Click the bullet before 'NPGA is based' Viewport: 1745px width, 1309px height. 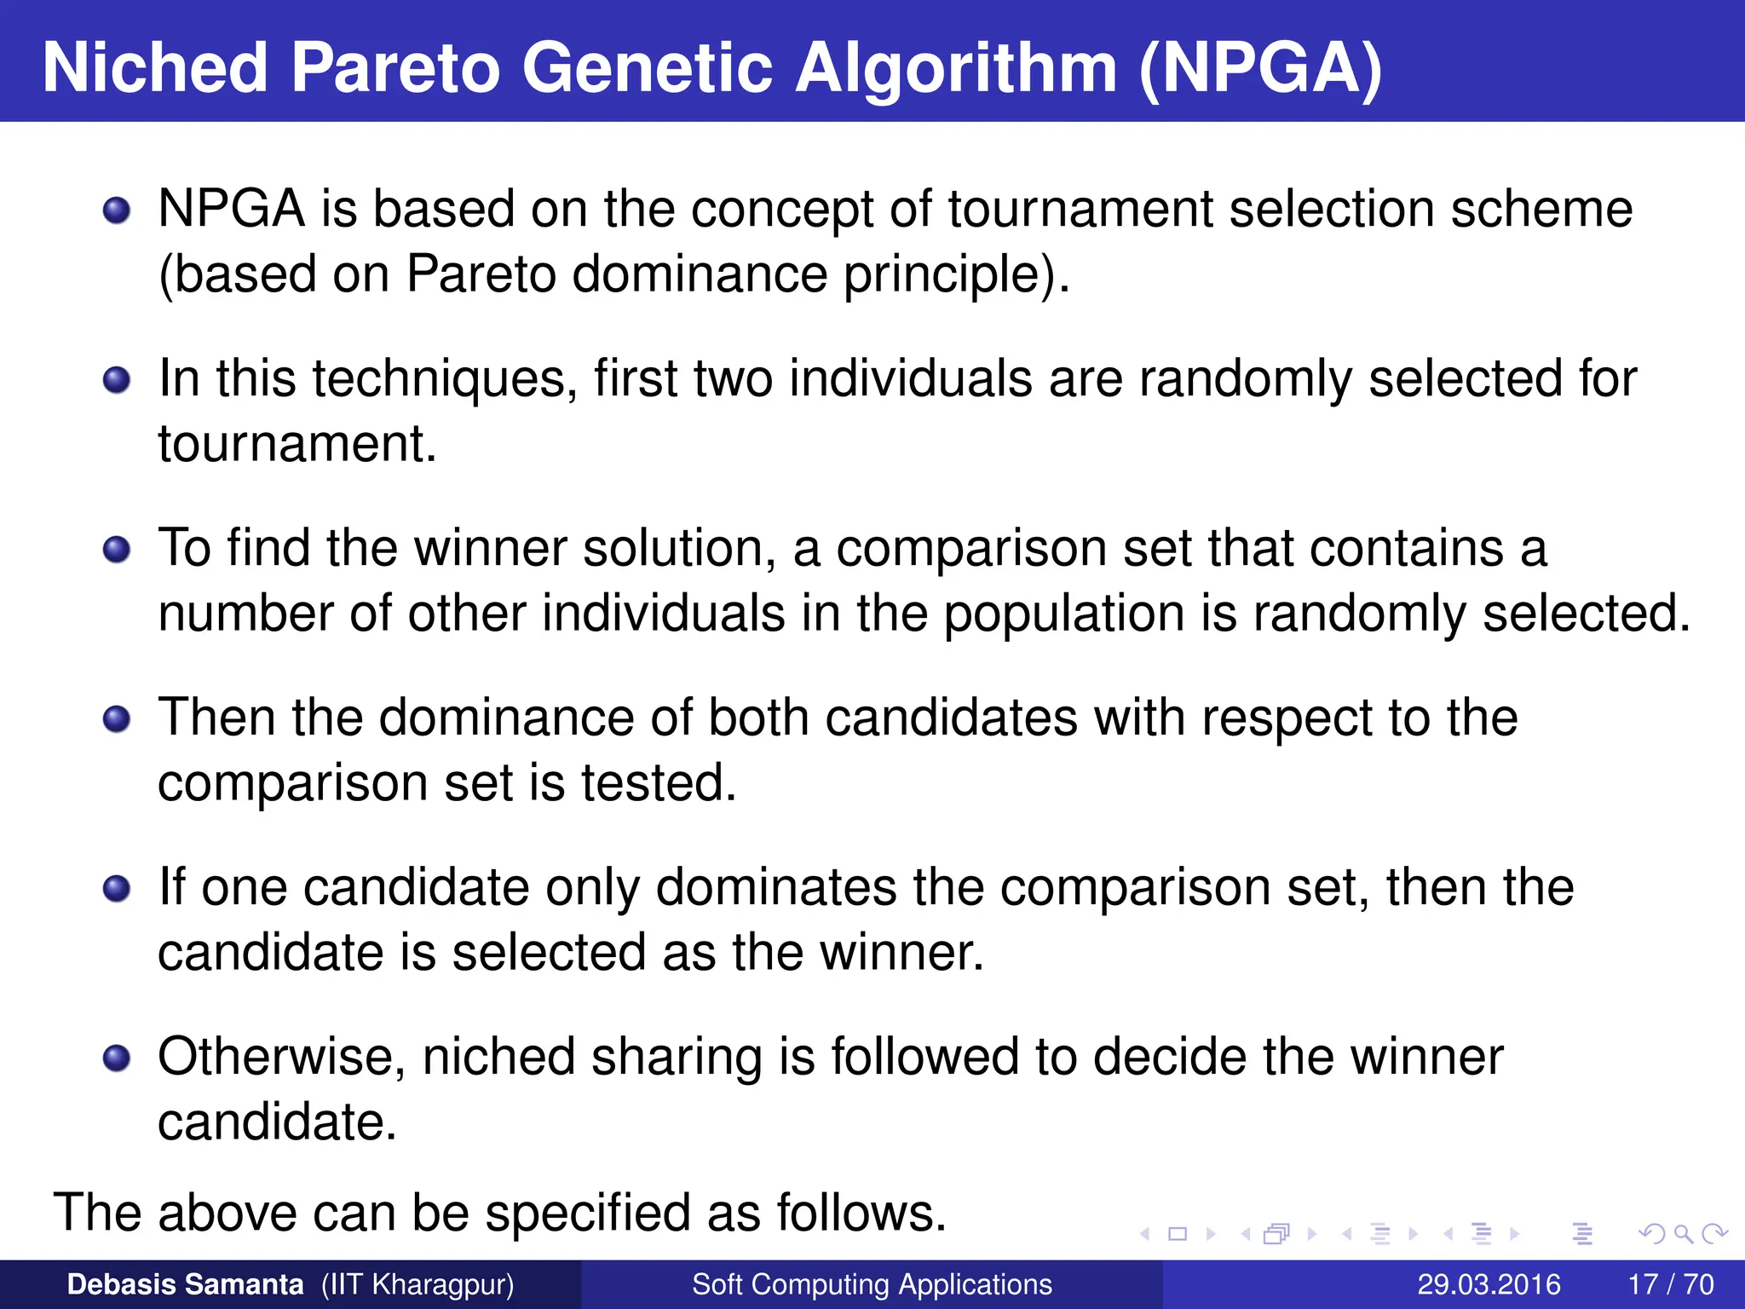[x=117, y=210]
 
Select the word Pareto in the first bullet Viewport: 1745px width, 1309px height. [x=481, y=274]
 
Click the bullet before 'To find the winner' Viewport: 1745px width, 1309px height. [x=117, y=549]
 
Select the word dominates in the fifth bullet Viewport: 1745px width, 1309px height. [x=775, y=887]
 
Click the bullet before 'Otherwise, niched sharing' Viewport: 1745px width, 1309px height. [x=117, y=1058]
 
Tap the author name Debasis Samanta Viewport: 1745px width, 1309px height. [x=185, y=1284]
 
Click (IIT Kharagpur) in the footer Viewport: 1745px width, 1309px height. [x=418, y=1284]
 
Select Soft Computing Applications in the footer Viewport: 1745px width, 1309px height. [x=872, y=1284]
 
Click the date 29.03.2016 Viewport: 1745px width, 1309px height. [x=1489, y=1284]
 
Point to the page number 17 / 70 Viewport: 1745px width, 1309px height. [x=1670, y=1284]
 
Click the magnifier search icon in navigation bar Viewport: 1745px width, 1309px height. [x=1682, y=1234]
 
